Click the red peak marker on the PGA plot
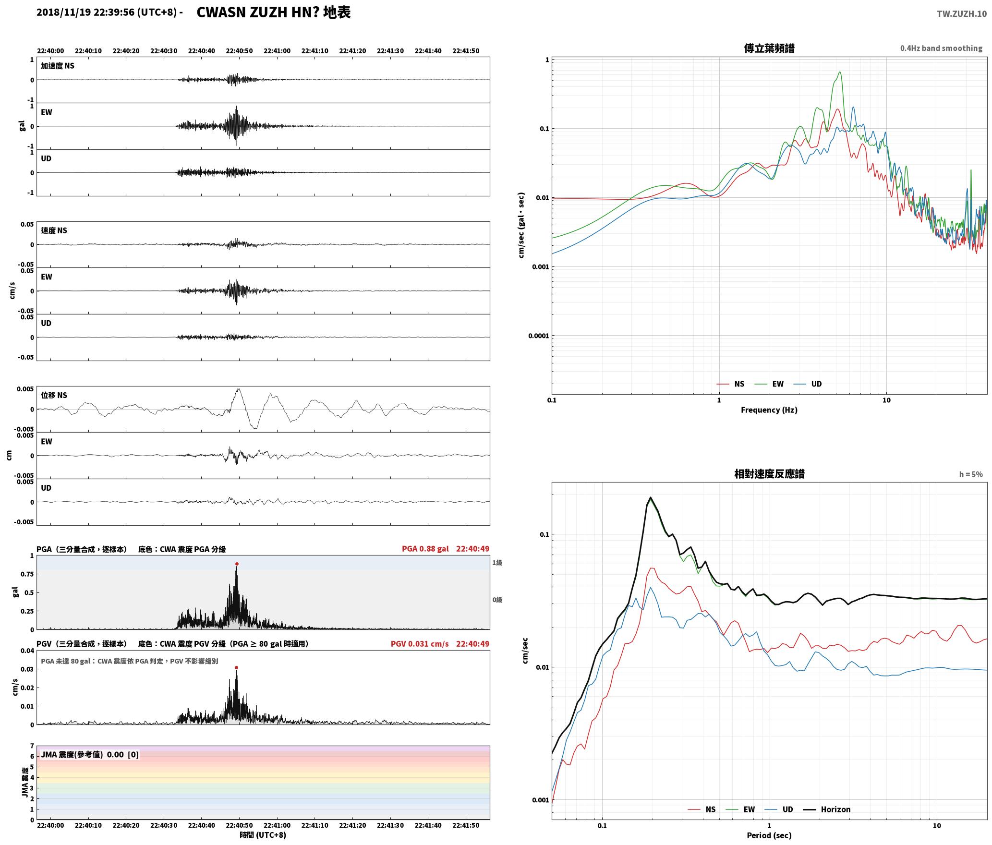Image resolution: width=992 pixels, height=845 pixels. (237, 564)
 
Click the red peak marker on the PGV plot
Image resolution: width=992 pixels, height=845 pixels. (236, 667)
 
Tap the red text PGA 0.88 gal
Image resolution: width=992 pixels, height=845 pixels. (425, 549)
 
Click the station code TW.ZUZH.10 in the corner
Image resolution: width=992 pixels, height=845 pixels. (962, 14)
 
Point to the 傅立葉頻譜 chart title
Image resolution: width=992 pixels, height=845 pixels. (769, 48)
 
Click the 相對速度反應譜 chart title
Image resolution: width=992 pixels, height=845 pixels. (769, 474)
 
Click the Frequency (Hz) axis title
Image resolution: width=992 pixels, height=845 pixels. (769, 410)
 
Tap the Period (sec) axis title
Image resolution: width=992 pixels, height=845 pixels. (769, 835)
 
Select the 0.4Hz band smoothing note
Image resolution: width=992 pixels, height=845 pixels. (941, 48)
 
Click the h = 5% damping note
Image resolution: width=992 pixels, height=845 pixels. (971, 474)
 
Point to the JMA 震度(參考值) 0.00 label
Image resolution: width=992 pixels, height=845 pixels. (82, 755)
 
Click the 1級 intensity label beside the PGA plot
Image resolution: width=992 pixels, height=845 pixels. (497, 563)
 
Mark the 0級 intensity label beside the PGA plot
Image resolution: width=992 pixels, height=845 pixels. (497, 600)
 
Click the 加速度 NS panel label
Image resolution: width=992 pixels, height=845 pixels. (58, 66)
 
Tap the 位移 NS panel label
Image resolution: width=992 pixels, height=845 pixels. (54, 395)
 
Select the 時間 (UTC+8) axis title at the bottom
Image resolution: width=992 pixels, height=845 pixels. (263, 835)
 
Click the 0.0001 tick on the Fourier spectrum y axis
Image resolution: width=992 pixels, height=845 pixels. (538, 336)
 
